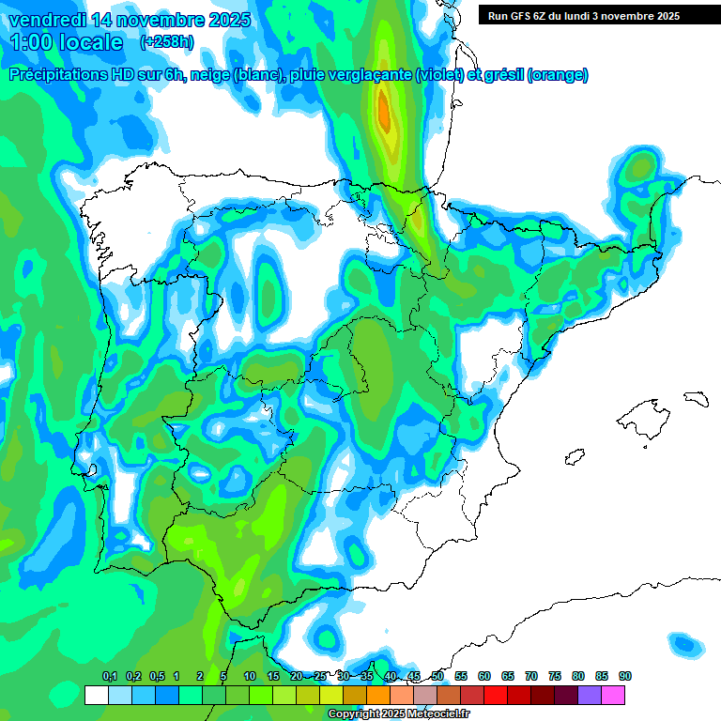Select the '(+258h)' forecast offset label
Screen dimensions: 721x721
click(x=167, y=42)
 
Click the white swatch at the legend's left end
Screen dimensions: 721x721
click(x=96, y=696)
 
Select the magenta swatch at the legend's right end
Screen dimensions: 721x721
click(x=613, y=696)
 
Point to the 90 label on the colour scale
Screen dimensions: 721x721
click(x=624, y=676)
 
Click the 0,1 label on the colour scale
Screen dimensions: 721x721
click(x=109, y=676)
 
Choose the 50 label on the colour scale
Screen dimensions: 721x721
click(x=437, y=676)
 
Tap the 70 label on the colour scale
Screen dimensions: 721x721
click(x=531, y=676)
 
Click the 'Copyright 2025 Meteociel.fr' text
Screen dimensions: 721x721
click(x=398, y=714)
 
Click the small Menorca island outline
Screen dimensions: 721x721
click(x=695, y=398)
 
